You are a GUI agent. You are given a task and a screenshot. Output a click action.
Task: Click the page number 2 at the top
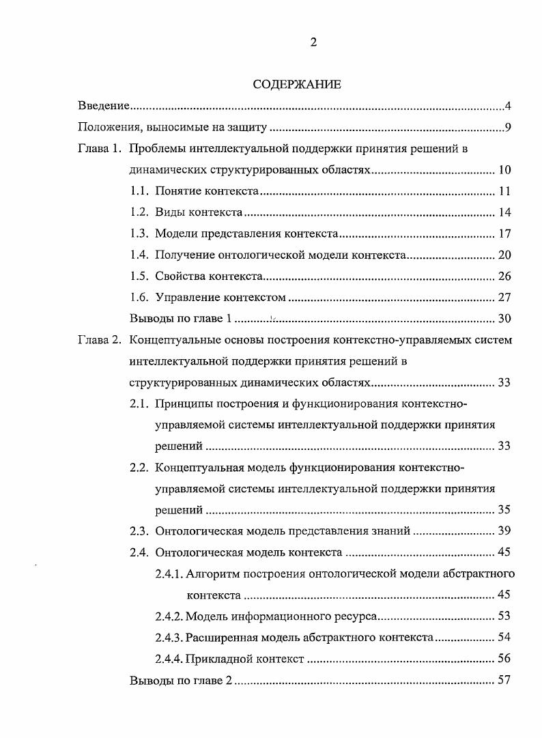(313, 42)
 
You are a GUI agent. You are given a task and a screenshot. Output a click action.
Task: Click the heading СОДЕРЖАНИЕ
(296, 85)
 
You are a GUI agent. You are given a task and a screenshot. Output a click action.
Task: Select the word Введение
(104, 106)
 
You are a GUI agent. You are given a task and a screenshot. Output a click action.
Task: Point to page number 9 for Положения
(509, 127)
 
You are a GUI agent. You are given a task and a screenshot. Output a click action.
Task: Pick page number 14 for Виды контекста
(504, 212)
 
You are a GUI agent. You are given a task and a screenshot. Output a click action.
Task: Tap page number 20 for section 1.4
(504, 255)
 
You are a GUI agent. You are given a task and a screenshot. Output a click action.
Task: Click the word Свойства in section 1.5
(179, 276)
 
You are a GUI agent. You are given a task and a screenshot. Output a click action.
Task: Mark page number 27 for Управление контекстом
(504, 297)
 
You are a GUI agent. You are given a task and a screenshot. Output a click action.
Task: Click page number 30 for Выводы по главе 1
(504, 318)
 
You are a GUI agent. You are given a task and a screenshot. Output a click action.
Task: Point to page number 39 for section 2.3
(504, 530)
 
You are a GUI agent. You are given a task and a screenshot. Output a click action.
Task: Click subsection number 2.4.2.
(169, 616)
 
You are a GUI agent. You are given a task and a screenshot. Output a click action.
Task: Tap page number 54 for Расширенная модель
(504, 637)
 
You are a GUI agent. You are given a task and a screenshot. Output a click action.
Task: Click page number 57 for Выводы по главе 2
(504, 680)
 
